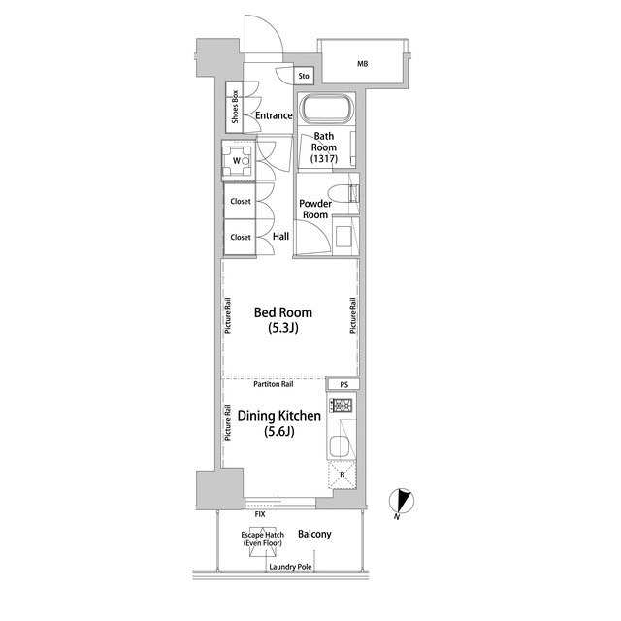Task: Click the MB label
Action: tap(362, 63)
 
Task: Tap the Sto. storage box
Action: tap(304, 76)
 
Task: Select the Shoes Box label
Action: tap(235, 107)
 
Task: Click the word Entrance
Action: tap(274, 115)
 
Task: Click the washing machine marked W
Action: tap(238, 161)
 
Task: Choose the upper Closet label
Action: tap(241, 201)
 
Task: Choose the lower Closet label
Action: tap(241, 237)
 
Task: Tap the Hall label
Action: tap(280, 237)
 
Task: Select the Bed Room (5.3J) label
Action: tap(283, 320)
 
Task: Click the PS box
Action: tap(343, 384)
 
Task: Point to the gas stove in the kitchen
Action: tap(341, 406)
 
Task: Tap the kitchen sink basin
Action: tap(341, 446)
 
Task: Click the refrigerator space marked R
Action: tap(343, 474)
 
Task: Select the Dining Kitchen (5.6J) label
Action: tap(279, 423)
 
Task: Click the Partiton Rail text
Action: tap(274, 384)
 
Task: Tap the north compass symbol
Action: tap(402, 502)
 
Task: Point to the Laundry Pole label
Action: tap(290, 567)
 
